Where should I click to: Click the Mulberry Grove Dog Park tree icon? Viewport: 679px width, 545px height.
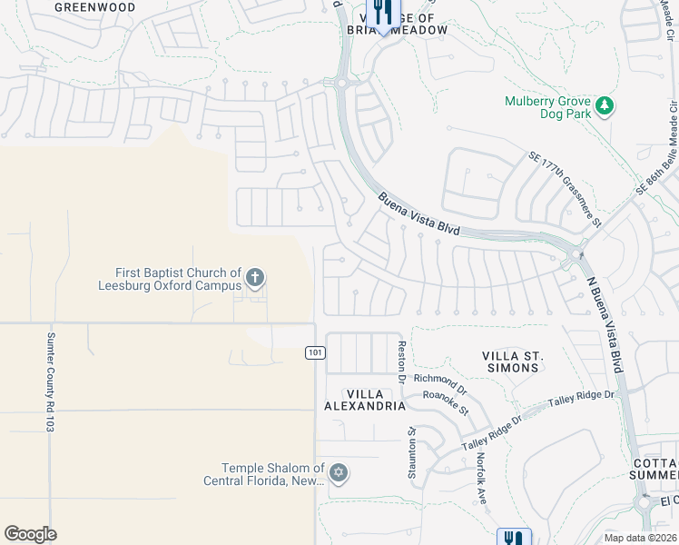[604, 108]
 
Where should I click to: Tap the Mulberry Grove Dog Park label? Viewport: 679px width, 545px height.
[548, 108]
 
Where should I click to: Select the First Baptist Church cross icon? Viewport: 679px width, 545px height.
[256, 277]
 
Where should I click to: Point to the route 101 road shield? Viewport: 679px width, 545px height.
[315, 352]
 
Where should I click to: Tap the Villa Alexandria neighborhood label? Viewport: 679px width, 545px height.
[364, 399]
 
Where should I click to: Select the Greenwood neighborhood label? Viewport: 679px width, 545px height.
[95, 7]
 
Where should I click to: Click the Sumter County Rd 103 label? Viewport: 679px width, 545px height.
[51, 381]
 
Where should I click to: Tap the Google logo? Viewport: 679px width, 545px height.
[30, 534]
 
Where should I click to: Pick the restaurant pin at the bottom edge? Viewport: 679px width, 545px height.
[514, 537]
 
